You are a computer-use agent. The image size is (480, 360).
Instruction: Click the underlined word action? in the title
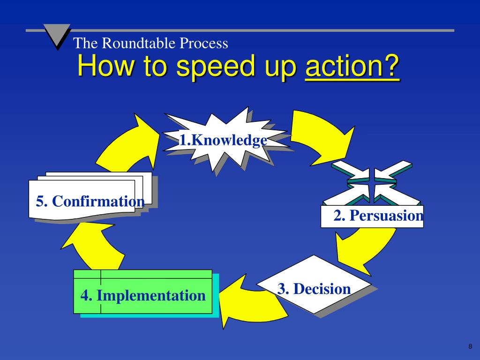(352, 67)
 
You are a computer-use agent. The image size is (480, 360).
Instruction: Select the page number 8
(470, 346)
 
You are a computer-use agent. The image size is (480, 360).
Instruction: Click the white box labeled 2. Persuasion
(372, 217)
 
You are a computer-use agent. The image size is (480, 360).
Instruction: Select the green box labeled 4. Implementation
(143, 292)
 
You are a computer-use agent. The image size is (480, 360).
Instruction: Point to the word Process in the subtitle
(206, 44)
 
